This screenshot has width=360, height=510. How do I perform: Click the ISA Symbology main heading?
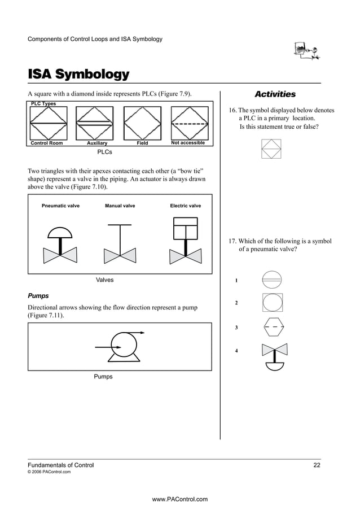pos(78,75)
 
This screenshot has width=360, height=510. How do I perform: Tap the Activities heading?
pos(275,94)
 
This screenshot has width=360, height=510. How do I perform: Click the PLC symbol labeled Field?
pos(142,123)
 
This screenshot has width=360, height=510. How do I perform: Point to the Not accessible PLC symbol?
pos(188,123)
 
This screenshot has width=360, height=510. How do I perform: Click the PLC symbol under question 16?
pos(271,150)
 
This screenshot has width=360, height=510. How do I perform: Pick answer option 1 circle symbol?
pos(272,280)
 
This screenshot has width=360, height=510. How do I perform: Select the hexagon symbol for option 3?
pos(274,327)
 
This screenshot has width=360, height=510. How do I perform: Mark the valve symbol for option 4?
pos(275,356)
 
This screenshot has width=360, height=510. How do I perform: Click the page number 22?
pos(317,465)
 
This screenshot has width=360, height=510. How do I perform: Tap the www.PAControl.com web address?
pos(180,499)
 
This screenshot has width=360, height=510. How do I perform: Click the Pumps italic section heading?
pos(38,295)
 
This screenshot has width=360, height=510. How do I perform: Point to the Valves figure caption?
pos(104,280)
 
